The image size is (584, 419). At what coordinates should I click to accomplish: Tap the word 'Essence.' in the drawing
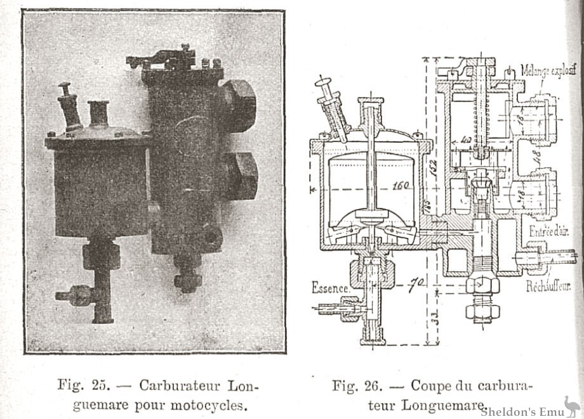pos(329,288)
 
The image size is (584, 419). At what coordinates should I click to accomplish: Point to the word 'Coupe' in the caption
pos(431,385)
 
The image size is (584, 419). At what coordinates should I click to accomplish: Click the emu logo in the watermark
pos(569,405)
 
